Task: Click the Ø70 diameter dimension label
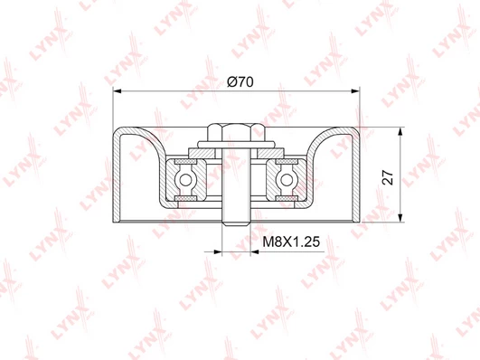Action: [240, 81]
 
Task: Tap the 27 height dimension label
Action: [388, 177]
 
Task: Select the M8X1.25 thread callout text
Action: [291, 242]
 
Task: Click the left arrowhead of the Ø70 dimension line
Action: [118, 91]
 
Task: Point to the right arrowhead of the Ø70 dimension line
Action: [355, 91]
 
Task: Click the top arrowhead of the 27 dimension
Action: [400, 132]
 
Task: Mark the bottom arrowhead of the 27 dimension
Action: [400, 217]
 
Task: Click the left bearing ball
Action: [185, 180]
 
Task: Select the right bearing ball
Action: [287, 180]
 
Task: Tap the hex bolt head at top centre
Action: [236, 132]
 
